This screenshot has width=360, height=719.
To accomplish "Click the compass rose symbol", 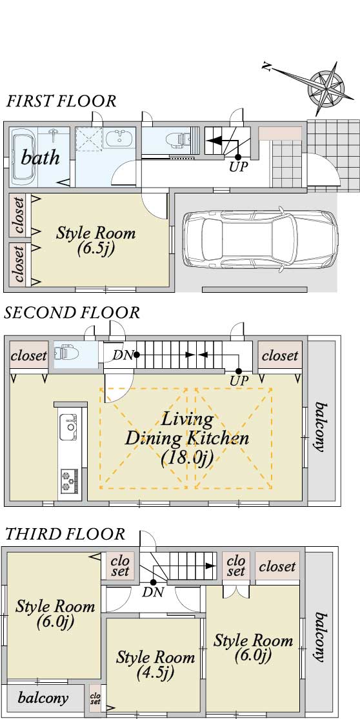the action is pyautogui.click(x=326, y=86).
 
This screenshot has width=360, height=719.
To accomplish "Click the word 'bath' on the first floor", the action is pyautogui.click(x=41, y=157).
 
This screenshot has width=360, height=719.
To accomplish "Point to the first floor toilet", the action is pyautogui.click(x=178, y=138).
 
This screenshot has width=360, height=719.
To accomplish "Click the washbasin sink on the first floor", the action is pyautogui.click(x=119, y=137).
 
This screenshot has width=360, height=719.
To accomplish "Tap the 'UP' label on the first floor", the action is pyautogui.click(x=238, y=166).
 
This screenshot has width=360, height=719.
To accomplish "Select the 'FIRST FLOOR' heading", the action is pyautogui.click(x=61, y=101).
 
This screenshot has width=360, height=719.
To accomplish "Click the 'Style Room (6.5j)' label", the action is pyautogui.click(x=96, y=240).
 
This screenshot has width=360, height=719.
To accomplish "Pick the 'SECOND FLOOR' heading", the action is pyautogui.click(x=72, y=313).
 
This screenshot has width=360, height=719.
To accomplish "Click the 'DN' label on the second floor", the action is pyautogui.click(x=122, y=355).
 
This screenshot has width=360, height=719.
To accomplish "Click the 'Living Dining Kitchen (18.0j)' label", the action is pyautogui.click(x=187, y=439).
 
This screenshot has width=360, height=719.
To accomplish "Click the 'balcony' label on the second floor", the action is pyautogui.click(x=321, y=428).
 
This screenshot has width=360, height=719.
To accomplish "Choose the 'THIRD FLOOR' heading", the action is pyautogui.click(x=65, y=534).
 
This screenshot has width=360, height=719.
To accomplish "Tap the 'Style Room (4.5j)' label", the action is pyautogui.click(x=155, y=664).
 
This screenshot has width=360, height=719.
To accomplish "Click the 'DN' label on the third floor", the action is pyautogui.click(x=153, y=592).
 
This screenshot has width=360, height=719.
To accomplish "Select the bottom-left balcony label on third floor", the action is pyautogui.click(x=43, y=698).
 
